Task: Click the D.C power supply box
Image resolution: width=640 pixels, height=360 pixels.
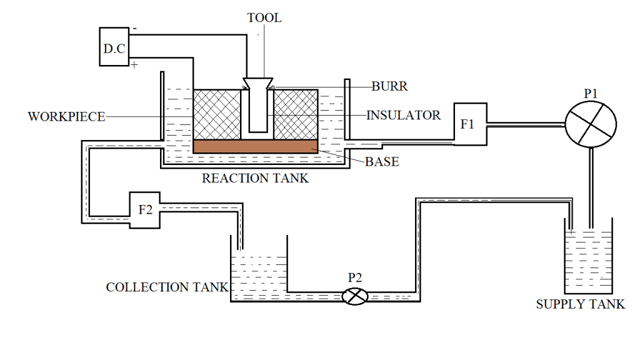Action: point(114,47)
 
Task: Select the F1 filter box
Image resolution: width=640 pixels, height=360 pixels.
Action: point(469,124)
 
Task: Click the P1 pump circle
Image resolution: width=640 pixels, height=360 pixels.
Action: point(591,122)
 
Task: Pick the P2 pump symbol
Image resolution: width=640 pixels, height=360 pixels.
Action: point(356,296)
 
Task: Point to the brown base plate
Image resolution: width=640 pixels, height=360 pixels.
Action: point(256,146)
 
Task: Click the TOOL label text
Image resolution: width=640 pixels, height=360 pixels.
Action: point(264,18)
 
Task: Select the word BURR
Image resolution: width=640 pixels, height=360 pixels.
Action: point(389,87)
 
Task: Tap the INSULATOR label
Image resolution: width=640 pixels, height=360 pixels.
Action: point(404,115)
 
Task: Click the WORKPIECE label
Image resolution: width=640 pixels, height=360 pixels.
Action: point(66,117)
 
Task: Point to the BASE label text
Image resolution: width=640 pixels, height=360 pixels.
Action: point(382,162)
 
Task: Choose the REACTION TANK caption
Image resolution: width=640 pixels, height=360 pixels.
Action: point(255,178)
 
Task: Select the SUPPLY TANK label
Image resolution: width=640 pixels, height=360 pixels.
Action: point(581,304)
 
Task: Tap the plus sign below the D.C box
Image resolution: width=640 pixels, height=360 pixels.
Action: point(134,65)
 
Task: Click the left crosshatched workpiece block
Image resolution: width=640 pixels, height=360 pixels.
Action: point(217,114)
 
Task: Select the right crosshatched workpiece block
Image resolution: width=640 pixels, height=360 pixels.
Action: point(296,114)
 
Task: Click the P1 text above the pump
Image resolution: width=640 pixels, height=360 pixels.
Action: point(591,93)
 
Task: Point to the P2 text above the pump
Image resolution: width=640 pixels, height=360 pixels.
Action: point(356,277)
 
